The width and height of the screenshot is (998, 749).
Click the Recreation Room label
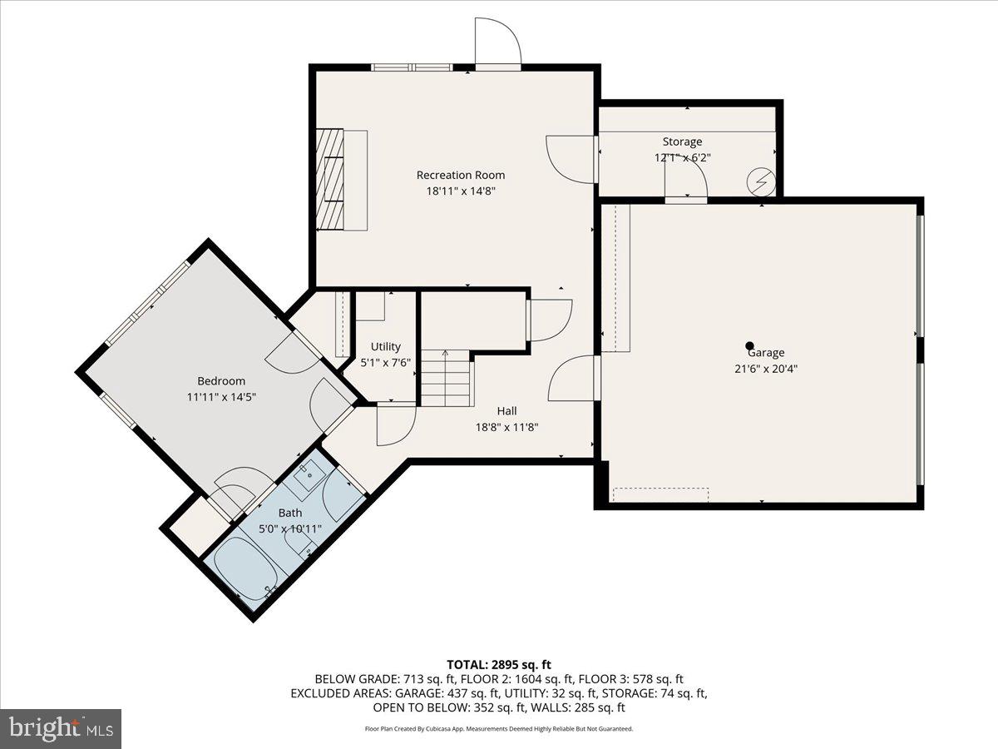(460, 175)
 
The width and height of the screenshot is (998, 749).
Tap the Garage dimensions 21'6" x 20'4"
(765, 368)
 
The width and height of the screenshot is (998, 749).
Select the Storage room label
(682, 141)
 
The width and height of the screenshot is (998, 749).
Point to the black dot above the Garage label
(749, 345)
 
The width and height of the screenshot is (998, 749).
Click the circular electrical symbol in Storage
(761, 181)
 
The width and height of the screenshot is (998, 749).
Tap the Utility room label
(386, 346)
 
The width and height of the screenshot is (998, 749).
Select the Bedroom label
(221, 381)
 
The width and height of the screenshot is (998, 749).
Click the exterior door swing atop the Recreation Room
(497, 42)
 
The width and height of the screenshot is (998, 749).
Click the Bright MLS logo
(61, 728)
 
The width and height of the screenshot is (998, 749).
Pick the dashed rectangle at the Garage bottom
(660, 494)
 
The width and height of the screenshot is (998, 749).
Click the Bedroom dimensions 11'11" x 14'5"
(221, 397)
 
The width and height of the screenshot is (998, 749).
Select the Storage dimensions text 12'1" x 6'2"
(682, 157)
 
